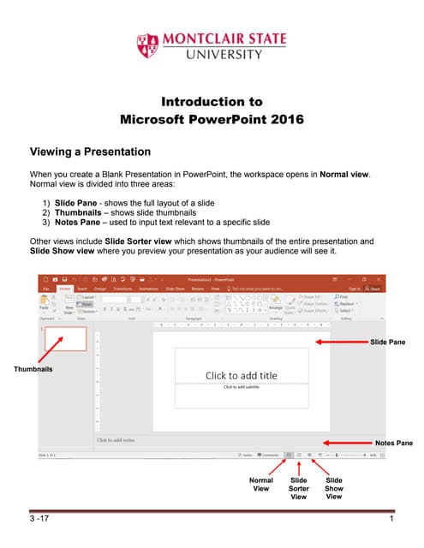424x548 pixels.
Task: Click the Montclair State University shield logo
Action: [147, 46]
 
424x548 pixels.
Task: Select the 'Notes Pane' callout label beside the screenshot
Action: [394, 443]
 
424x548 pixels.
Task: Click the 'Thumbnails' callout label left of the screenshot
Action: [32, 369]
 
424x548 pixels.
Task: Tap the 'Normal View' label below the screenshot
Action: [260, 485]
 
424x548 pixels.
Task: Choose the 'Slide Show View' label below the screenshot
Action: [334, 488]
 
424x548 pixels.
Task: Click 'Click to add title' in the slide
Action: [241, 375]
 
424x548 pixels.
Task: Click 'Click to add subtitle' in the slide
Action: [241, 387]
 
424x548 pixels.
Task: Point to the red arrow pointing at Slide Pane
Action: [342, 342]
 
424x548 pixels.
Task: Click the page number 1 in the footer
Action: [391, 522]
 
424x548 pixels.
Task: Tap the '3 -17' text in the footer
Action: [39, 522]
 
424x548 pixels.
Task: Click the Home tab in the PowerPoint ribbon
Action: [65, 289]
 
